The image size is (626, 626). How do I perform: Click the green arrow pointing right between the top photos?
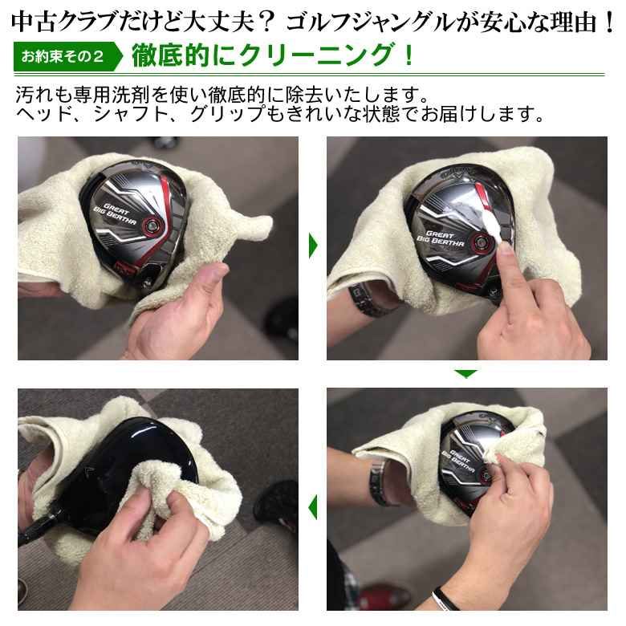(313, 246)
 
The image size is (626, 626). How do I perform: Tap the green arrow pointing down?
(465, 373)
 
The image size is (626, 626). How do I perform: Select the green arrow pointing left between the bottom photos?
(312, 506)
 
